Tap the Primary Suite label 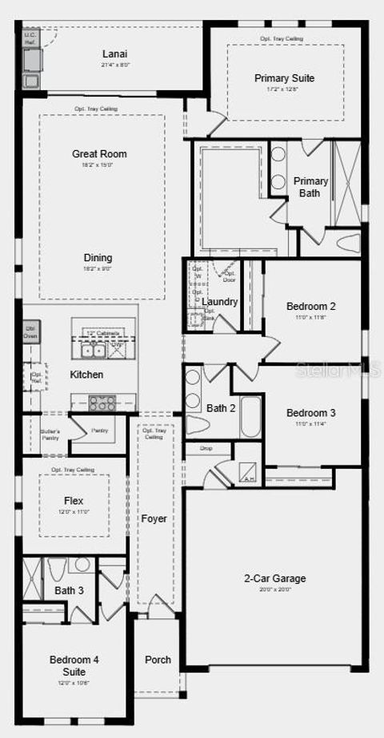(x=284, y=78)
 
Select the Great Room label (x=99, y=154)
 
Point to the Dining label (x=98, y=258)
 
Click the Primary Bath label (x=310, y=187)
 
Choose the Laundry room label (x=220, y=302)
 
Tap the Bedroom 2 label (x=310, y=306)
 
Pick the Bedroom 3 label (x=310, y=413)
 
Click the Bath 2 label (x=221, y=408)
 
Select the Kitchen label (x=86, y=375)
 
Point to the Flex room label (x=74, y=502)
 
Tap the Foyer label (x=154, y=519)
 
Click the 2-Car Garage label (x=274, y=579)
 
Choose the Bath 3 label (x=69, y=591)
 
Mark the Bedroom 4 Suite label (x=74, y=665)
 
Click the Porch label (x=158, y=660)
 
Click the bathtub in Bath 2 (x=250, y=412)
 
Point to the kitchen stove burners (x=102, y=403)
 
